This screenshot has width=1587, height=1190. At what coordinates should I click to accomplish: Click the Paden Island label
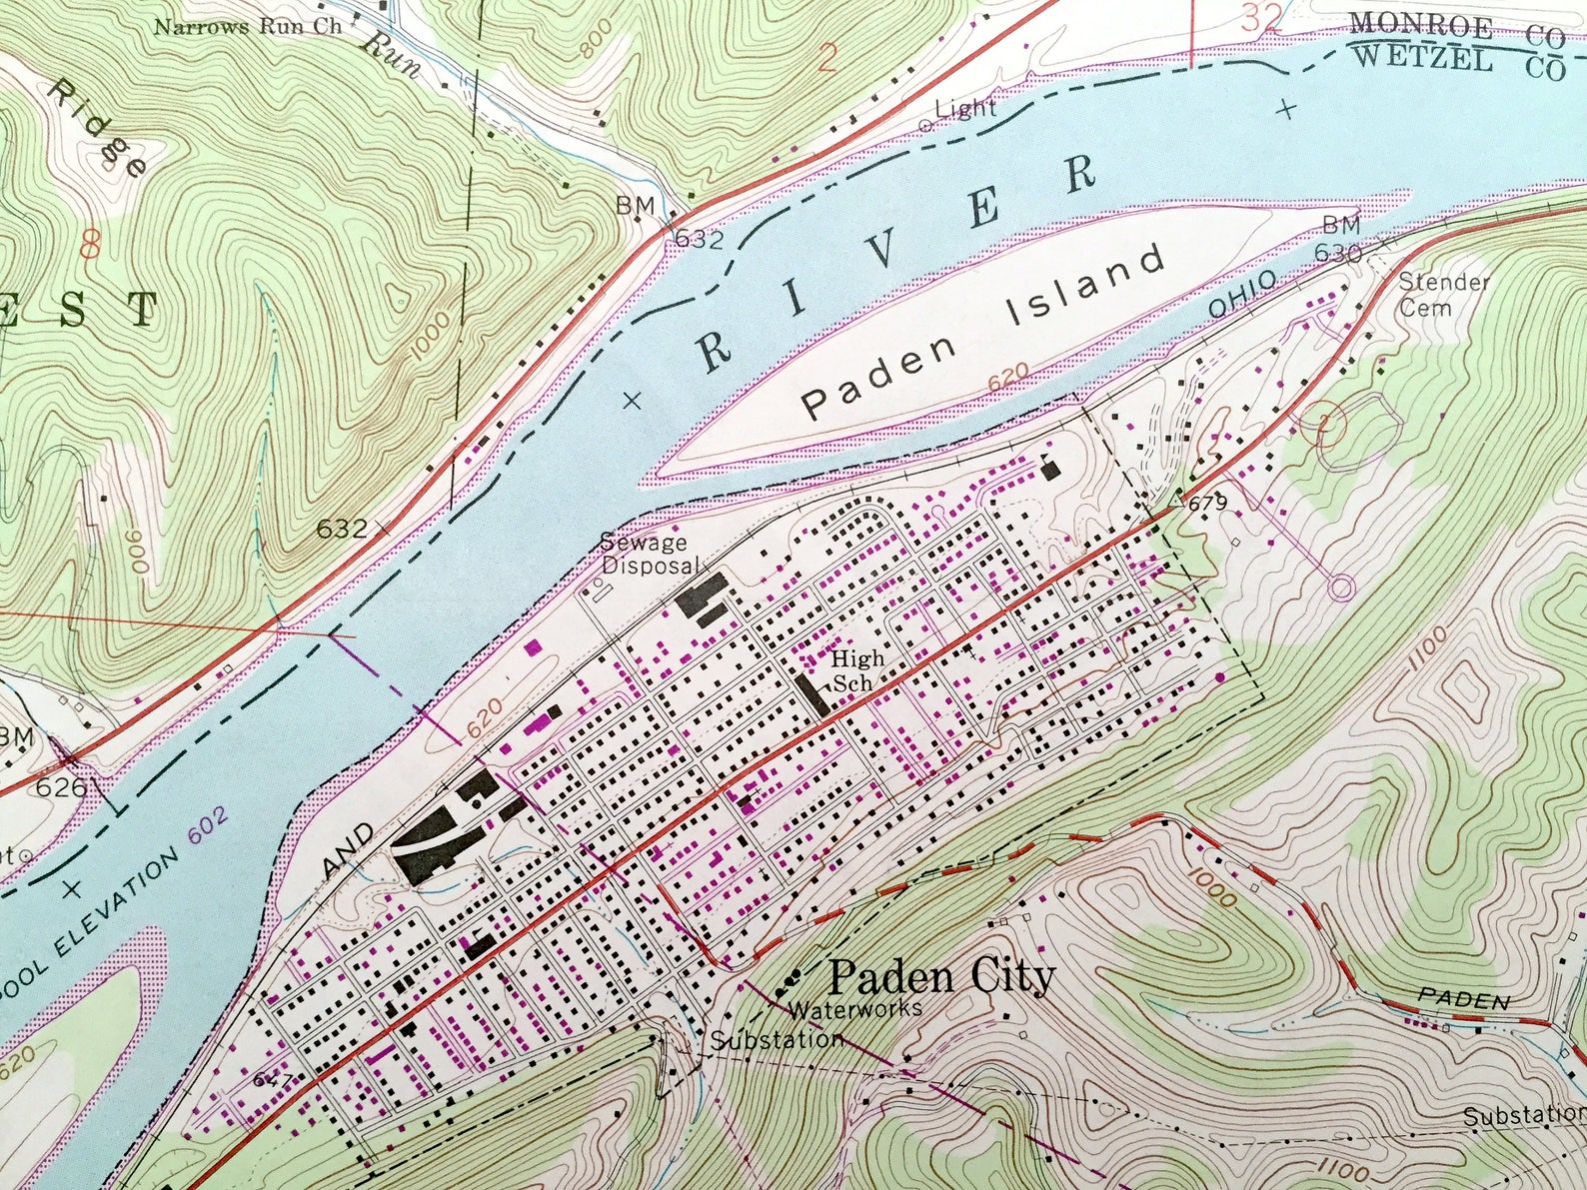coord(983,332)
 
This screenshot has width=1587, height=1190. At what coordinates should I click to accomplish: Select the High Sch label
coord(857,670)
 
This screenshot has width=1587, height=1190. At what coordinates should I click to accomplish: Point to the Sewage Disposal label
coord(645,554)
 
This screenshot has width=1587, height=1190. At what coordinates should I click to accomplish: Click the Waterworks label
coord(854,1009)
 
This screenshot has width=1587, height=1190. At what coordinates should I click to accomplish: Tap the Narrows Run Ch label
coord(247,26)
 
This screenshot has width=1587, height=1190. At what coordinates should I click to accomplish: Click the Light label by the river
coord(965,109)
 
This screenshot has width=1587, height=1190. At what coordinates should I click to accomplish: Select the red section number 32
coord(1262,18)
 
